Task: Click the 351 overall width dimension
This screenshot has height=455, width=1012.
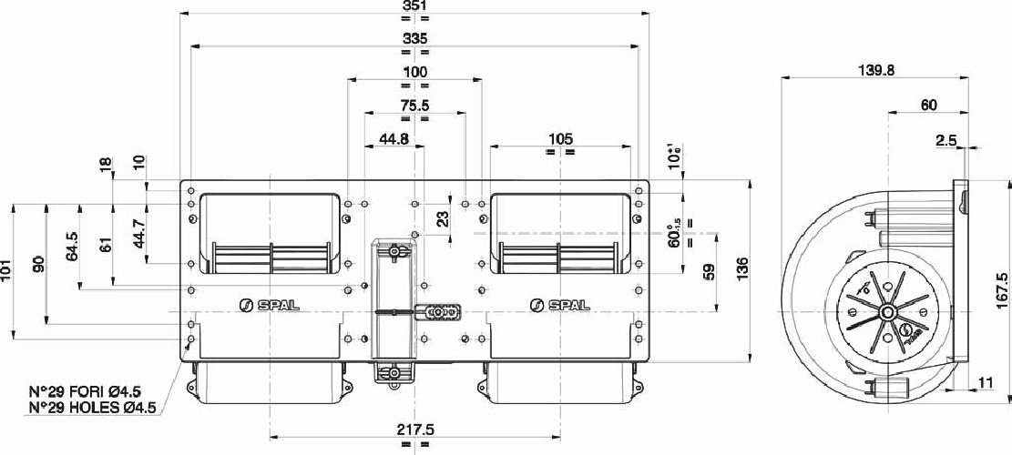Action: [x=414, y=7]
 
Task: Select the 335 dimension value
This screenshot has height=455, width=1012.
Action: [x=414, y=38]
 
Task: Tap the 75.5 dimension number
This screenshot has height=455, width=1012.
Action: [x=414, y=105]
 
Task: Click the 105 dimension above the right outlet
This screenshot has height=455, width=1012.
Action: [x=561, y=138]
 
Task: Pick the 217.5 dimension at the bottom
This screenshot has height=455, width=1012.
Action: [x=415, y=429]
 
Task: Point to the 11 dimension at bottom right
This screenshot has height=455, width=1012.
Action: [x=985, y=383]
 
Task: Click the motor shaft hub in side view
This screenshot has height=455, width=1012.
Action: [x=886, y=312]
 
